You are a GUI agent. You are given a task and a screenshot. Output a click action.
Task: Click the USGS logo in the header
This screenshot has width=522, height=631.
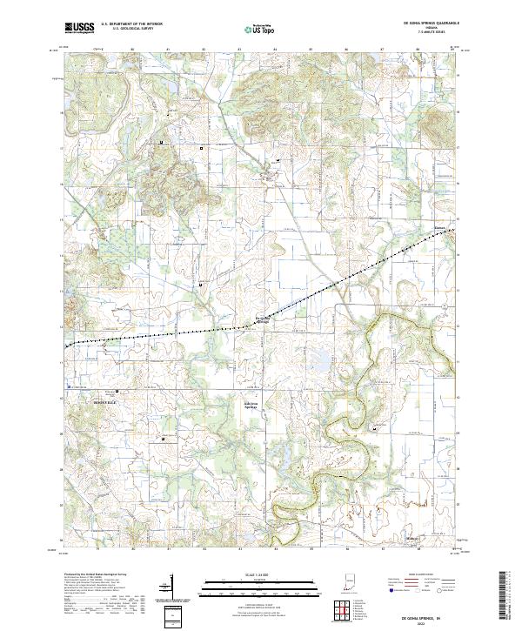(78, 28)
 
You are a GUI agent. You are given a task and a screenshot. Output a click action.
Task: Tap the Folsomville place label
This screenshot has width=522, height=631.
(266, 319)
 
